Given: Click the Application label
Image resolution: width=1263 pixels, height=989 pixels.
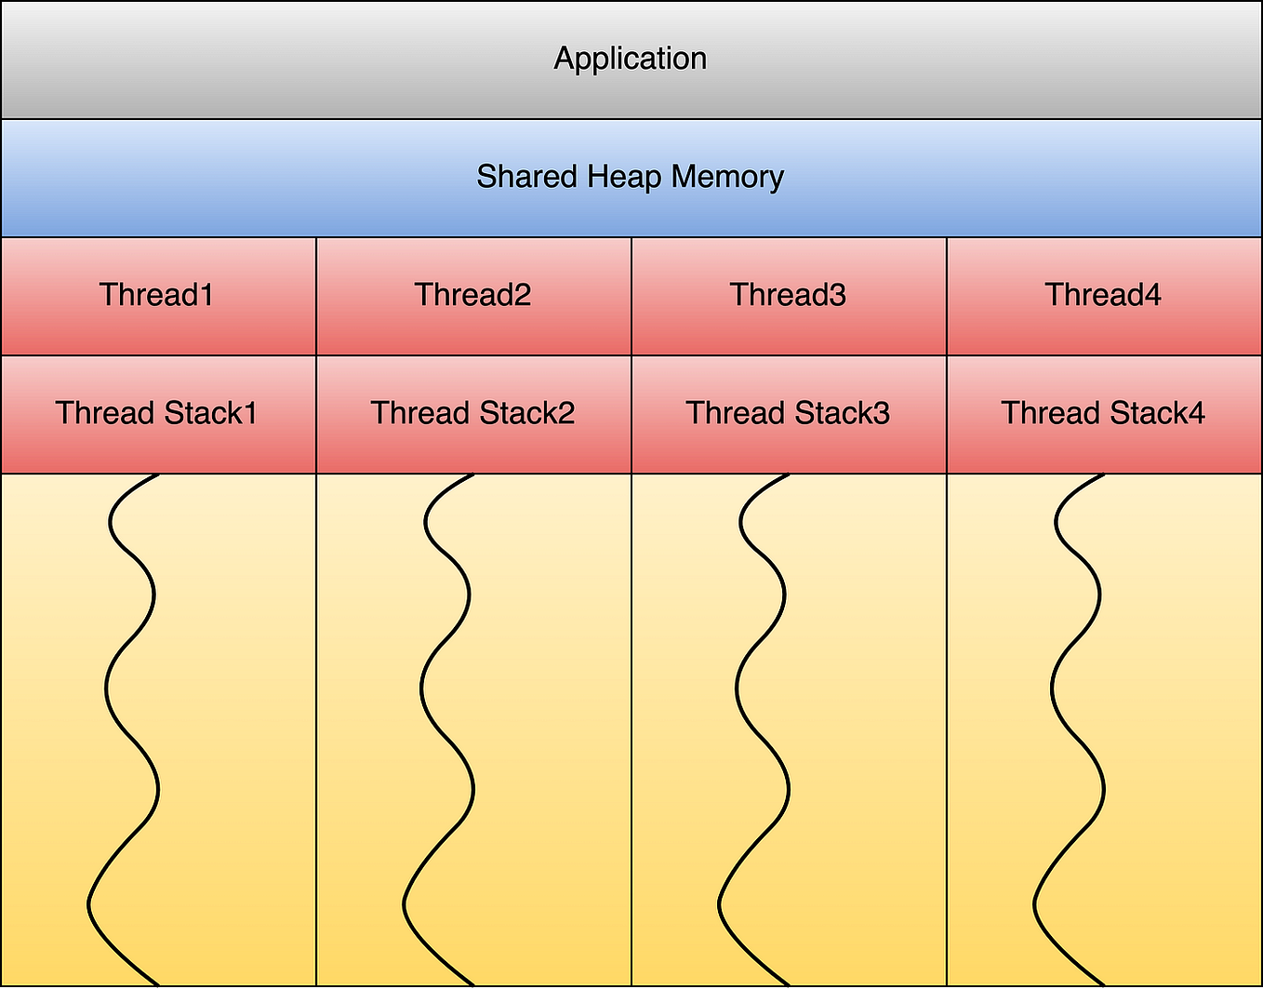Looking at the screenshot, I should tap(631, 59).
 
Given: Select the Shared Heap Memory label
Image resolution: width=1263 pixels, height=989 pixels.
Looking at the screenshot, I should tap(631, 177).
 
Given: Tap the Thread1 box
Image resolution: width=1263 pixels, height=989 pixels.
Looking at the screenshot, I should tap(157, 295).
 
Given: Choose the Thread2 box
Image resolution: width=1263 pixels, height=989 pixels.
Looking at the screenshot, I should tap(473, 295).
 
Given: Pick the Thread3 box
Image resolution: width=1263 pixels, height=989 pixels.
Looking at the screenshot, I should tap(789, 295).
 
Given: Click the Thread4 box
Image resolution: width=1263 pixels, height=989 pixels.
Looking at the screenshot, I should tap(1104, 295).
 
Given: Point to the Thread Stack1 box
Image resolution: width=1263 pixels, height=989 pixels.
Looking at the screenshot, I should tap(157, 413).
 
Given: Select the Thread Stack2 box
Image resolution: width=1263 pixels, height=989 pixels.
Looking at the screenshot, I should tap(473, 413).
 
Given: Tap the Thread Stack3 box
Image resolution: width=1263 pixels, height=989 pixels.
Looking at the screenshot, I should tap(789, 413).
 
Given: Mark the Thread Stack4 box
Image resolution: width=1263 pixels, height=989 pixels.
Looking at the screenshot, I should tap(1104, 413).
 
